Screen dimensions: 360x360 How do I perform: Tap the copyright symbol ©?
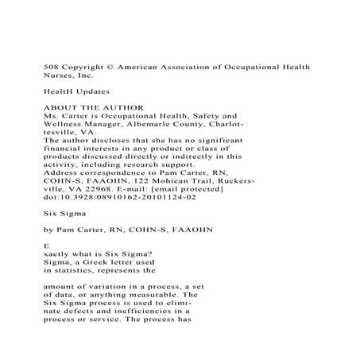[x=118, y=67]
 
